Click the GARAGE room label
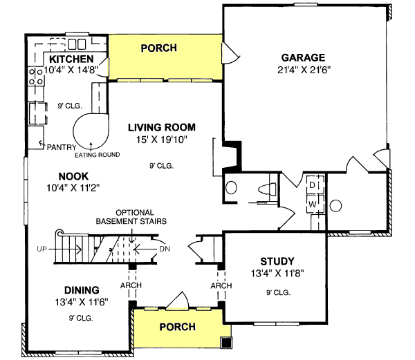[x=303, y=57]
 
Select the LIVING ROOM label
[x=162, y=127]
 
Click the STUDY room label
[x=277, y=261]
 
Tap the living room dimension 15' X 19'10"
[x=162, y=140]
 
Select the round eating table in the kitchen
[x=91, y=130]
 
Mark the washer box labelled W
[x=312, y=205]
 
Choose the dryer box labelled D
[x=312, y=186]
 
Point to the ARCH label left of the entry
[x=131, y=285]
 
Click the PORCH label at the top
[x=158, y=48]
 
